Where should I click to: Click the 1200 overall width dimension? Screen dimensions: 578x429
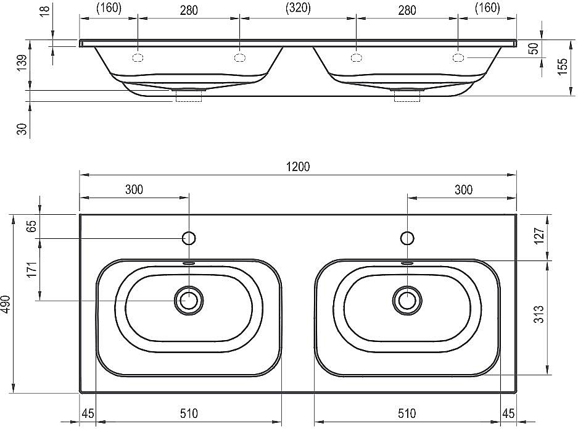point(298,167)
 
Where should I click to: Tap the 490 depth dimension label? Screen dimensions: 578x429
point(7,304)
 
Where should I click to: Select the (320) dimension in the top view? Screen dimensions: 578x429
point(298,8)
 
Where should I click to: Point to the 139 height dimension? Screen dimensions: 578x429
point(22,62)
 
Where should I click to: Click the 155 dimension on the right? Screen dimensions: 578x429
point(563,67)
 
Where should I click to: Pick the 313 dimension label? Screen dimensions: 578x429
point(539,314)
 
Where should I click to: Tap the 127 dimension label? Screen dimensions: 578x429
point(539,236)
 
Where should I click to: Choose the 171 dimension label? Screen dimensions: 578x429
point(33,270)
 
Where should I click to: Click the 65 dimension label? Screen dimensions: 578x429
point(33,226)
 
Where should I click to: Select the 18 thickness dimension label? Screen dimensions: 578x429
point(44,10)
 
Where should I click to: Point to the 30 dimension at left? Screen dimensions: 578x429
point(22,129)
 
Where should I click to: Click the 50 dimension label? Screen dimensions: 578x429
point(534,48)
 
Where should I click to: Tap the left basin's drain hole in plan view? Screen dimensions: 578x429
point(189,300)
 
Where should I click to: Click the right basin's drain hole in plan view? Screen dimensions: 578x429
point(407,300)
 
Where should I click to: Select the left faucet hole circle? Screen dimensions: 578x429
point(189,238)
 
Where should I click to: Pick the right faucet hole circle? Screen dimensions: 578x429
point(407,238)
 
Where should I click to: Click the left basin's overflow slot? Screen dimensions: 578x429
point(189,263)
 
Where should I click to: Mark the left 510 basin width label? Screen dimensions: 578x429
point(189,414)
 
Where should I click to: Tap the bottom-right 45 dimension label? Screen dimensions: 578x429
point(508,414)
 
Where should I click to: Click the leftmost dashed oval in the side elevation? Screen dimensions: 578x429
point(138,57)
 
